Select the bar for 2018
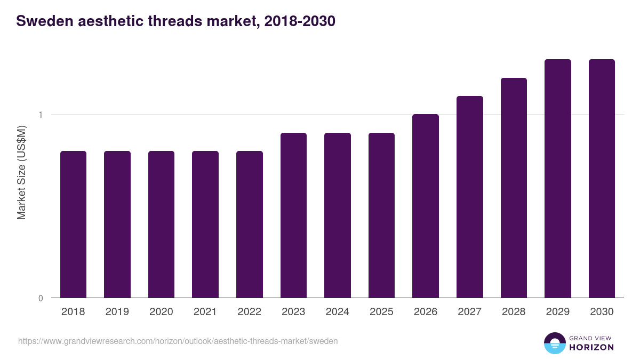tap(73, 224)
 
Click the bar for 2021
tap(205, 224)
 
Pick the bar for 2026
tap(426, 206)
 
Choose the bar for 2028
tap(514, 188)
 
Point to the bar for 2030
tap(602, 178)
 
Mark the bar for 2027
tap(470, 197)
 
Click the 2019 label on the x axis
tap(117, 312)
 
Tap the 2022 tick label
tap(250, 312)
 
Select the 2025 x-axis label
tap(381, 312)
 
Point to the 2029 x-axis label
tap(558, 312)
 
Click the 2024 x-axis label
tap(338, 312)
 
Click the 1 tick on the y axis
tap(40, 115)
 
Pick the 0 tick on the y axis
tap(40, 298)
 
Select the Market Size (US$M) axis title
tap(21, 172)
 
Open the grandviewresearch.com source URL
tap(178, 341)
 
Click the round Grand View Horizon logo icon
tap(554, 343)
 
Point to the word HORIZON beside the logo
tap(591, 347)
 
